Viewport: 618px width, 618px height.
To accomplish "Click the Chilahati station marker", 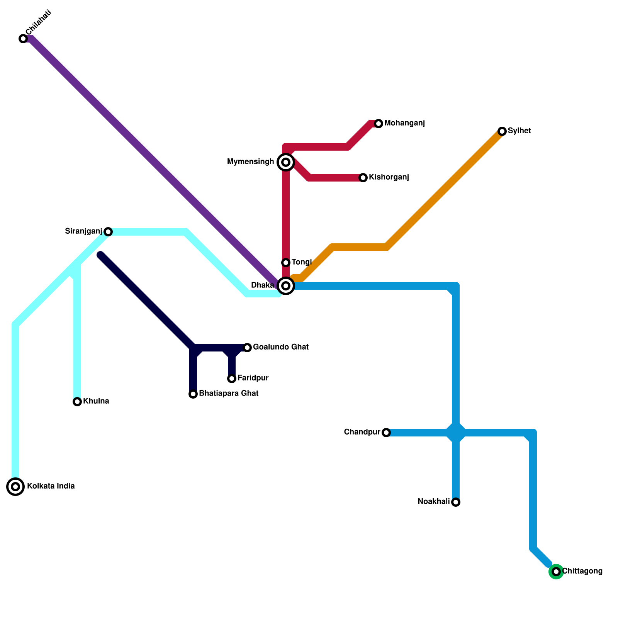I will pyautogui.click(x=23, y=39).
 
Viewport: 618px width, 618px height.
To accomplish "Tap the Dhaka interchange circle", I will pyautogui.click(x=286, y=286).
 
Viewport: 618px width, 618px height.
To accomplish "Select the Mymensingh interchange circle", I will pyautogui.click(x=286, y=162).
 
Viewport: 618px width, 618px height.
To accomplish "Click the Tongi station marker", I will pyautogui.click(x=286, y=263).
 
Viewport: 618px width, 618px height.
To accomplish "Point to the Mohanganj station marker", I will pyautogui.click(x=379, y=124).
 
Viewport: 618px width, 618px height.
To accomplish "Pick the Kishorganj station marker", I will pyautogui.click(x=363, y=178).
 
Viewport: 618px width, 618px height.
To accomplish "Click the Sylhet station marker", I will pyautogui.click(x=502, y=131).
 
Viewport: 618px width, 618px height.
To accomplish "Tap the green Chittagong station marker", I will pyautogui.click(x=556, y=572).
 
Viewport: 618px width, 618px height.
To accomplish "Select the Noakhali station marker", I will pyautogui.click(x=456, y=502).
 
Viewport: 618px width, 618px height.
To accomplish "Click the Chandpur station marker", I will pyautogui.click(x=386, y=433).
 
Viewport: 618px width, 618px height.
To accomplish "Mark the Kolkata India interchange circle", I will pyautogui.click(x=15, y=487).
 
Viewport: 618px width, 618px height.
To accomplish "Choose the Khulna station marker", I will pyautogui.click(x=77, y=402).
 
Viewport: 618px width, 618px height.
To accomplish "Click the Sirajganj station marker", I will pyautogui.click(x=108, y=232).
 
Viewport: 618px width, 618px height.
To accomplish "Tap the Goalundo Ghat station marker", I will pyautogui.click(x=247, y=348).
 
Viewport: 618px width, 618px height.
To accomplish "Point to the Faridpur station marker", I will pyautogui.click(x=232, y=379).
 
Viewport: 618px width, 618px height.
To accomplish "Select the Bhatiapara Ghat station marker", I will pyautogui.click(x=193, y=394).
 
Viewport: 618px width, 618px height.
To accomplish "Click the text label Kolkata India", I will pyautogui.click(x=51, y=486).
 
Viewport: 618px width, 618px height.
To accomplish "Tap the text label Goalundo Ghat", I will pyautogui.click(x=280, y=347).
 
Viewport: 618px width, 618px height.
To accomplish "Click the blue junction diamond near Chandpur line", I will pyautogui.click(x=456, y=433).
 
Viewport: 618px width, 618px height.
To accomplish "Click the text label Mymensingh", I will pyautogui.click(x=250, y=162).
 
